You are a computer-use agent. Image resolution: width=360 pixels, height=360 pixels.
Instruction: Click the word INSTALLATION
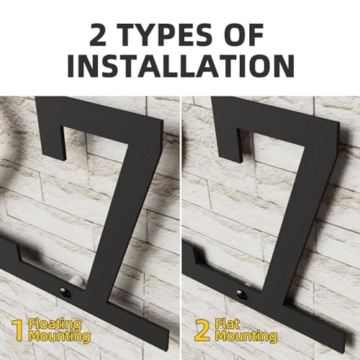[180, 65]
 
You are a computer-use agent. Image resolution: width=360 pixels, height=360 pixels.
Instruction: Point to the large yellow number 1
[17, 329]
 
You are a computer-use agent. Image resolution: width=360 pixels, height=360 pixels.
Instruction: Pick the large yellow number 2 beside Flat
[203, 329]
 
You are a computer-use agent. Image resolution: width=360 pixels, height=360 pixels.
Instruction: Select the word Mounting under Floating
[60, 336]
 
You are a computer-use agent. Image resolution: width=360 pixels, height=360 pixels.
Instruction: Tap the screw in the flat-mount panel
[241, 294]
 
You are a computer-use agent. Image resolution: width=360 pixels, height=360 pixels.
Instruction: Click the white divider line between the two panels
[179, 216]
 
